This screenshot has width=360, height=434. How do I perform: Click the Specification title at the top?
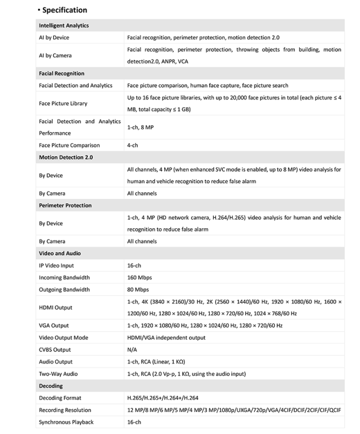[x=64, y=10]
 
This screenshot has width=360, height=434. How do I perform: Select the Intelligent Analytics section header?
[x=64, y=25]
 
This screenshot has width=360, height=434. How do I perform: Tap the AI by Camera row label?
[x=55, y=56]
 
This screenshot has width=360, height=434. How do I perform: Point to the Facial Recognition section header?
[x=61, y=73]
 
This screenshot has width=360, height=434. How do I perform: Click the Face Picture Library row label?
[x=63, y=103]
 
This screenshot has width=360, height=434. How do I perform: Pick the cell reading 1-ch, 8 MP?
[x=140, y=128]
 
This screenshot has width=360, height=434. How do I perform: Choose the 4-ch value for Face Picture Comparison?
[x=133, y=145]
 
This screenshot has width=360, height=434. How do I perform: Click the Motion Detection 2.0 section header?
[x=65, y=157]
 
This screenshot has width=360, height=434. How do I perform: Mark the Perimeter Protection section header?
[x=65, y=205]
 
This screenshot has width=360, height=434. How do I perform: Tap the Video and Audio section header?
[x=60, y=254]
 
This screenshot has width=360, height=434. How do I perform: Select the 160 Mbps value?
[x=139, y=278]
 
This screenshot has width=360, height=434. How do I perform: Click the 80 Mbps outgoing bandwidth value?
[x=138, y=290]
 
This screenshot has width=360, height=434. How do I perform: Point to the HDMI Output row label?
[x=56, y=308]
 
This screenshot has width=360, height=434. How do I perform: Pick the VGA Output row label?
[x=53, y=325]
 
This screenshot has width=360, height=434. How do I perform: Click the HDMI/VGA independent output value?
[x=166, y=338]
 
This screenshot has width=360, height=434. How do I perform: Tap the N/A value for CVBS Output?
[x=132, y=350]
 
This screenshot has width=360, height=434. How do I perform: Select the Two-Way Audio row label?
[x=58, y=374]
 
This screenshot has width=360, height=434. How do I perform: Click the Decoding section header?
[x=51, y=386]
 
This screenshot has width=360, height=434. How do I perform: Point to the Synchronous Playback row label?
[x=66, y=422]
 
